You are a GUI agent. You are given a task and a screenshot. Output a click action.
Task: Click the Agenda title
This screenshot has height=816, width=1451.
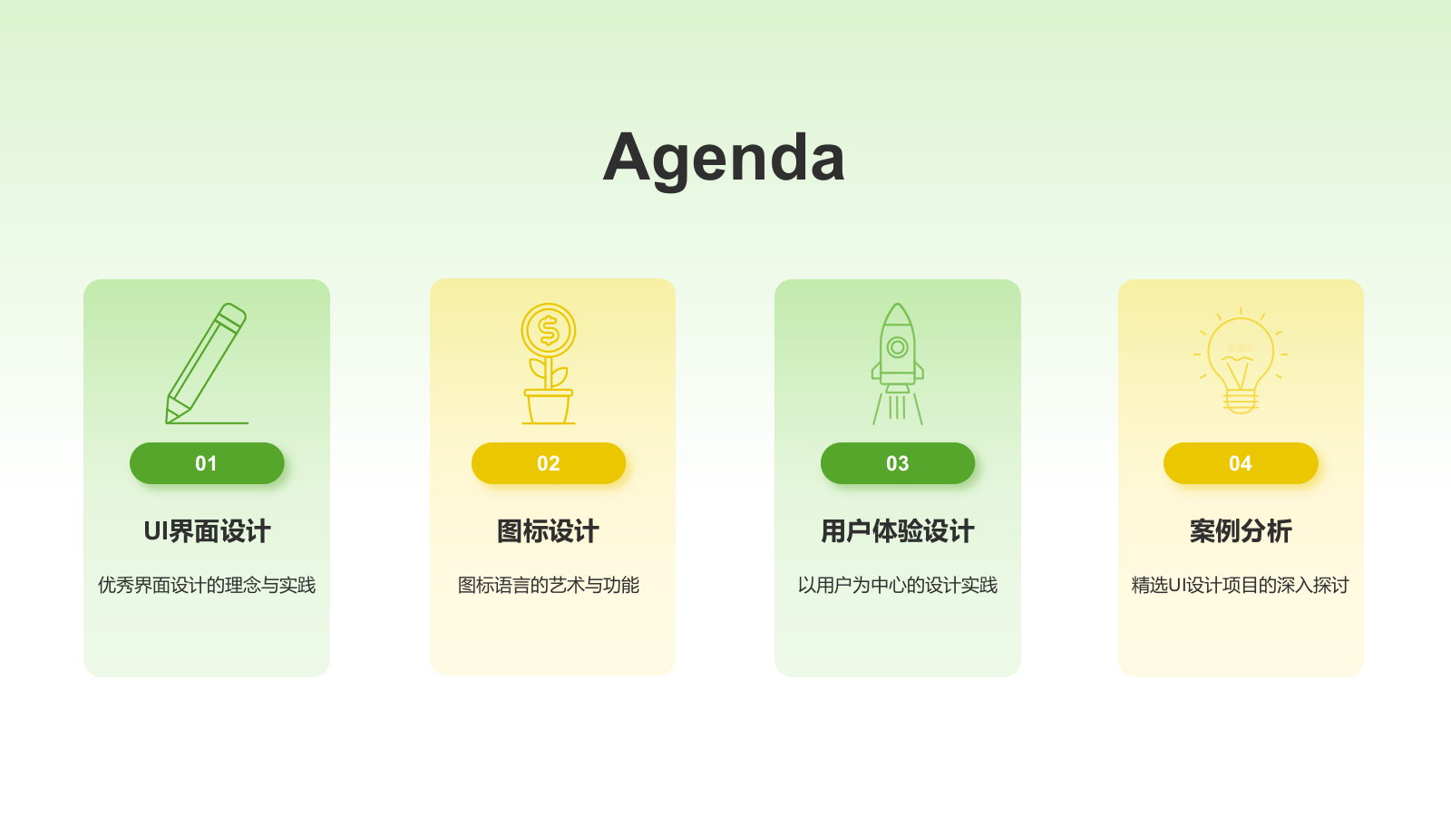724,159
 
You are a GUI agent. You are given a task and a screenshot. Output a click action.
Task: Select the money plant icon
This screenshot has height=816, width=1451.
549,364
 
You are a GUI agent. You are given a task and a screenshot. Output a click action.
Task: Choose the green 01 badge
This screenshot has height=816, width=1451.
207,463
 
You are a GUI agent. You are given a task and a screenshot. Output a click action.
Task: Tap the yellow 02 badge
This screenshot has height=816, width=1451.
549,463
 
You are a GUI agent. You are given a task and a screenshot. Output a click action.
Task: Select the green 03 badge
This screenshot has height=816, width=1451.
898,463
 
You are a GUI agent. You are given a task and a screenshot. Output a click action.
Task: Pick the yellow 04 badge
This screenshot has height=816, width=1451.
1241,463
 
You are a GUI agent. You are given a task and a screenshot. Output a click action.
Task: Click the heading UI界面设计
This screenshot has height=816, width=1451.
207,531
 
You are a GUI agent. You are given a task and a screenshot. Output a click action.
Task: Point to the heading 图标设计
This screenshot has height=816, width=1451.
548,531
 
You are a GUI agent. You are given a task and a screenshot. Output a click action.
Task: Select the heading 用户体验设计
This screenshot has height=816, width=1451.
898,531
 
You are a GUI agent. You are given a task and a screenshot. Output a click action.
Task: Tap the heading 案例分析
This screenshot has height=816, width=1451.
1241,531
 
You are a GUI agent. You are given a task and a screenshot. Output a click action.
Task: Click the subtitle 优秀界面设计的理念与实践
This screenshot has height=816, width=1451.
207,586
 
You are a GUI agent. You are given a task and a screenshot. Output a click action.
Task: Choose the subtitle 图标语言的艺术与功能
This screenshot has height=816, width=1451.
549,586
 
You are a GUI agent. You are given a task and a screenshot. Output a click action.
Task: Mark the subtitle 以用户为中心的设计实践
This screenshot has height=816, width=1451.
898,586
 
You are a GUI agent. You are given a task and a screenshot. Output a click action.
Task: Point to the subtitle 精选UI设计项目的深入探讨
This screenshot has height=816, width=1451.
1241,586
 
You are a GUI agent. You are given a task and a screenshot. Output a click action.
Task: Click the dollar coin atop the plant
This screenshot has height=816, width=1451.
549,330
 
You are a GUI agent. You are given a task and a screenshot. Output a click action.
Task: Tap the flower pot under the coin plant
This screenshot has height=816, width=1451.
549,407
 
